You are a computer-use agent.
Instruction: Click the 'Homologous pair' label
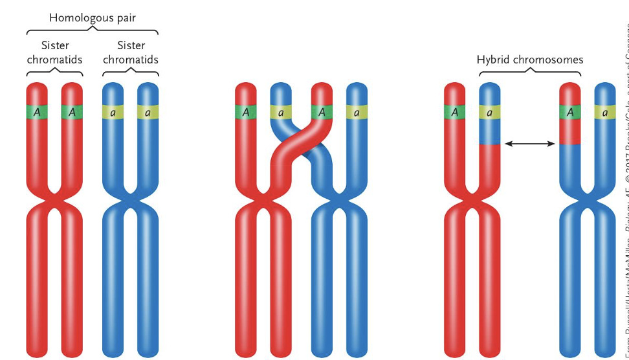[92, 17]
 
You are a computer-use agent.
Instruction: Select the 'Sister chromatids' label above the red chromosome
[54, 52]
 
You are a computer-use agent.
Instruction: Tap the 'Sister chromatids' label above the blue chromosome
[131, 52]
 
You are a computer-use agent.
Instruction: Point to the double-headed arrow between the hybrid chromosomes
[530, 143]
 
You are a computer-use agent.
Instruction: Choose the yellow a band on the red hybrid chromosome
[489, 112]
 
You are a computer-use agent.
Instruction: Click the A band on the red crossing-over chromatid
[322, 112]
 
